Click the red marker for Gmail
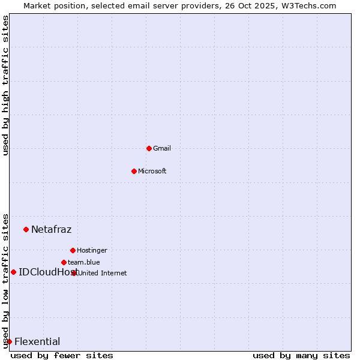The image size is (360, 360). [x=149, y=148]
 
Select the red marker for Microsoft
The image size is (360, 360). [x=134, y=171]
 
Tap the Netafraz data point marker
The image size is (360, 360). [x=26, y=229]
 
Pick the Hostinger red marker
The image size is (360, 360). [x=73, y=250]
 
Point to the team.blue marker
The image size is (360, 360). [x=64, y=262]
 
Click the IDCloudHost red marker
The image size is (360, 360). [x=13, y=272]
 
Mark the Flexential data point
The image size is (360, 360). [x=9, y=341]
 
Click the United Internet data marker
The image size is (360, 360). [x=74, y=273]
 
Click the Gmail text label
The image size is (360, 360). [x=162, y=148]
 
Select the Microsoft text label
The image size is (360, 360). [x=152, y=171]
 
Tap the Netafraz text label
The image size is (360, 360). [x=51, y=229]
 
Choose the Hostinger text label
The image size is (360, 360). [x=92, y=250]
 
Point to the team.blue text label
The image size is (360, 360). [x=84, y=262]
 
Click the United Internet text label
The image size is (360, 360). [x=103, y=273]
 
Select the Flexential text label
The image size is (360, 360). [x=37, y=341]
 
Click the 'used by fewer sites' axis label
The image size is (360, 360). [x=62, y=355]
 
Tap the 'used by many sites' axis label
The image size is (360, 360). [x=301, y=355]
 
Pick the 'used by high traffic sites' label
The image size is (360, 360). [x=6, y=85]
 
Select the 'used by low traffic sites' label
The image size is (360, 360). [x=6, y=281]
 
